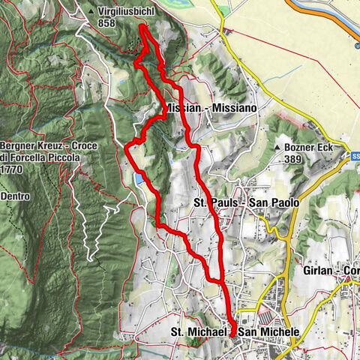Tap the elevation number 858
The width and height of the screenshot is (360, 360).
(x=107, y=23)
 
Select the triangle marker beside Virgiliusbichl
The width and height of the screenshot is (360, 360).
(x=91, y=12)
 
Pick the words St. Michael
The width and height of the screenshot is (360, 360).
(x=196, y=331)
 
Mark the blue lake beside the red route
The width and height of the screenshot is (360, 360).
(x=140, y=178)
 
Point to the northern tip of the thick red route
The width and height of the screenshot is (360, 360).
(x=142, y=27)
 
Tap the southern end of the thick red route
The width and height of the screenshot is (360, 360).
(x=232, y=332)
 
